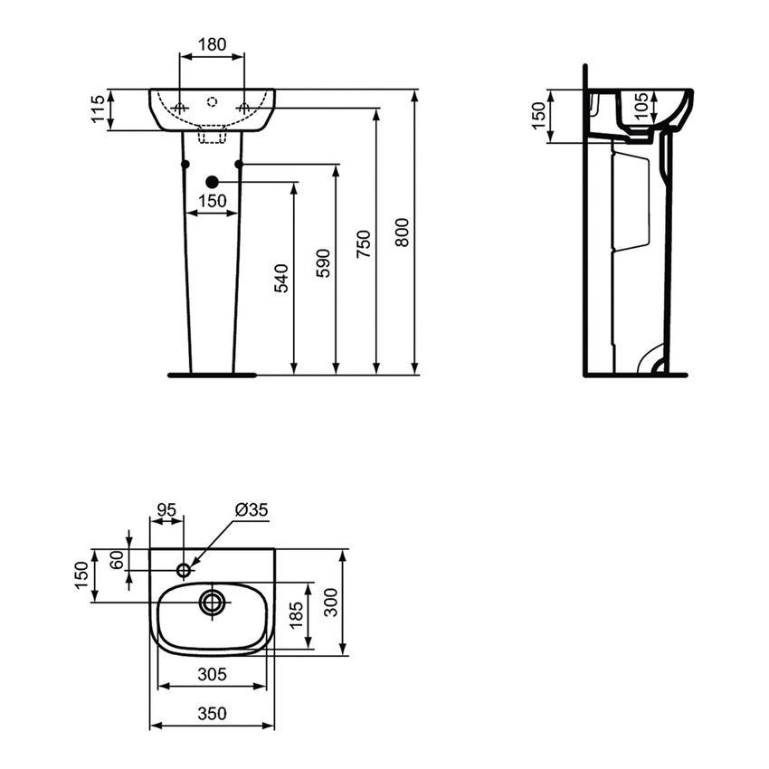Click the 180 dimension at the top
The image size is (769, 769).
coord(212,44)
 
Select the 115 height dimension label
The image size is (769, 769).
coord(98,109)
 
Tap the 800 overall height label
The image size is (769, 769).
coord(402,233)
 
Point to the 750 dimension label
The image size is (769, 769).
coord(364,244)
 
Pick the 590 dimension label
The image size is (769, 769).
coord(323,263)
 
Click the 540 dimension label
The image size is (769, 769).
coord(281,279)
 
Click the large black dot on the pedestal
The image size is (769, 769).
coord(212,182)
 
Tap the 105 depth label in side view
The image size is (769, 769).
coord(641,107)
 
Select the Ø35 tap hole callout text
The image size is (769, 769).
coord(252,510)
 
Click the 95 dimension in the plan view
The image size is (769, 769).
coord(166,509)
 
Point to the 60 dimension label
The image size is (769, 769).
coord(117,560)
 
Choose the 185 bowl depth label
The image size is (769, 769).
coord(296,615)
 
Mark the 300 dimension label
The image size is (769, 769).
coord(331,603)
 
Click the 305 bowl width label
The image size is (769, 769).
coord(213,674)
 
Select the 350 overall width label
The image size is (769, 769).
coord(212,713)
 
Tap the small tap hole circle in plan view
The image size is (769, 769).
coord(184,570)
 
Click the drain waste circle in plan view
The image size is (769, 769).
coord(213,603)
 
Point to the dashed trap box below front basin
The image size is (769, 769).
coord(212,135)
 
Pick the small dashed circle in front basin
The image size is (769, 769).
coord(212,102)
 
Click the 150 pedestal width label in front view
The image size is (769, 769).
coord(213,201)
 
